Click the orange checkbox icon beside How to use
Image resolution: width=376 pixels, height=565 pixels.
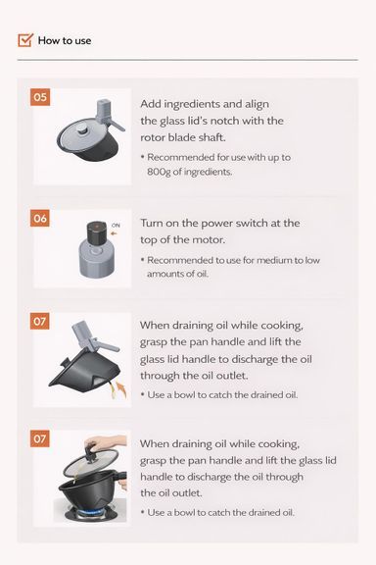[25, 40]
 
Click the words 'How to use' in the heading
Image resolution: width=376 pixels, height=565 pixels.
[65, 40]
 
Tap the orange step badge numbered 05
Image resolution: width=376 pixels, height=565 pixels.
[40, 97]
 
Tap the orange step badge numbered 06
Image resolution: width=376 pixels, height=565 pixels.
[40, 218]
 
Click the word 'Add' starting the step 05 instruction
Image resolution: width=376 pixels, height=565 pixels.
[153, 104]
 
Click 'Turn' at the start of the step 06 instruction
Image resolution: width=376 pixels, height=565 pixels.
[153, 224]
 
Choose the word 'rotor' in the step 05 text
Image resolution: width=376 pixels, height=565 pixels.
[157, 137]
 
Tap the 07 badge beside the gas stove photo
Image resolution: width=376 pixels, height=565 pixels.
[40, 438]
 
